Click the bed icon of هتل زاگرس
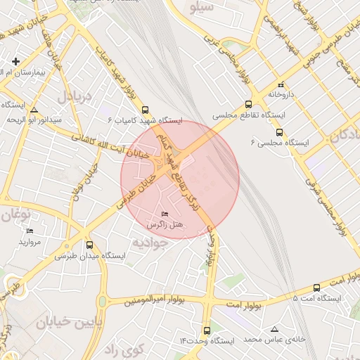point(165,214)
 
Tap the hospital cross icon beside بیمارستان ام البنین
point(15,61)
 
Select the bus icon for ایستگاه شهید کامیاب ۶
point(146,110)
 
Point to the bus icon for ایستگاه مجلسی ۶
point(279,131)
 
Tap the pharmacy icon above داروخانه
point(280,84)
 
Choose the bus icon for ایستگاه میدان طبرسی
point(89,245)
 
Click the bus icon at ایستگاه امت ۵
point(316,288)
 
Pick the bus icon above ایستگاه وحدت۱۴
point(207,330)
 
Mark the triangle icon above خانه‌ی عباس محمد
point(274,329)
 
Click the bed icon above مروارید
point(30,231)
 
